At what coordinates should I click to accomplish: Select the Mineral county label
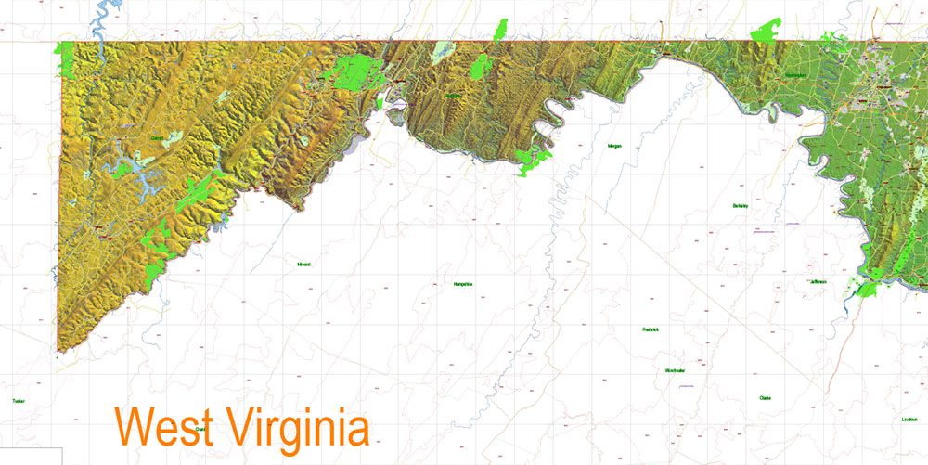[303, 265]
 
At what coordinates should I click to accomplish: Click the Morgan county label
[614, 146]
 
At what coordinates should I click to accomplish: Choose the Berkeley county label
[740, 205]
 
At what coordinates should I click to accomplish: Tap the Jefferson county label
[818, 281]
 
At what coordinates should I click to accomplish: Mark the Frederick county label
[650, 329]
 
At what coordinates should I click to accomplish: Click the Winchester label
[675, 370]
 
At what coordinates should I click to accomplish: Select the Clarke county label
[766, 398]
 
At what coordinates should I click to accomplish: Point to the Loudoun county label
[909, 419]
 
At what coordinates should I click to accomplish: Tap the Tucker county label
[18, 401]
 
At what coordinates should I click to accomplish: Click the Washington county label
[794, 75]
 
